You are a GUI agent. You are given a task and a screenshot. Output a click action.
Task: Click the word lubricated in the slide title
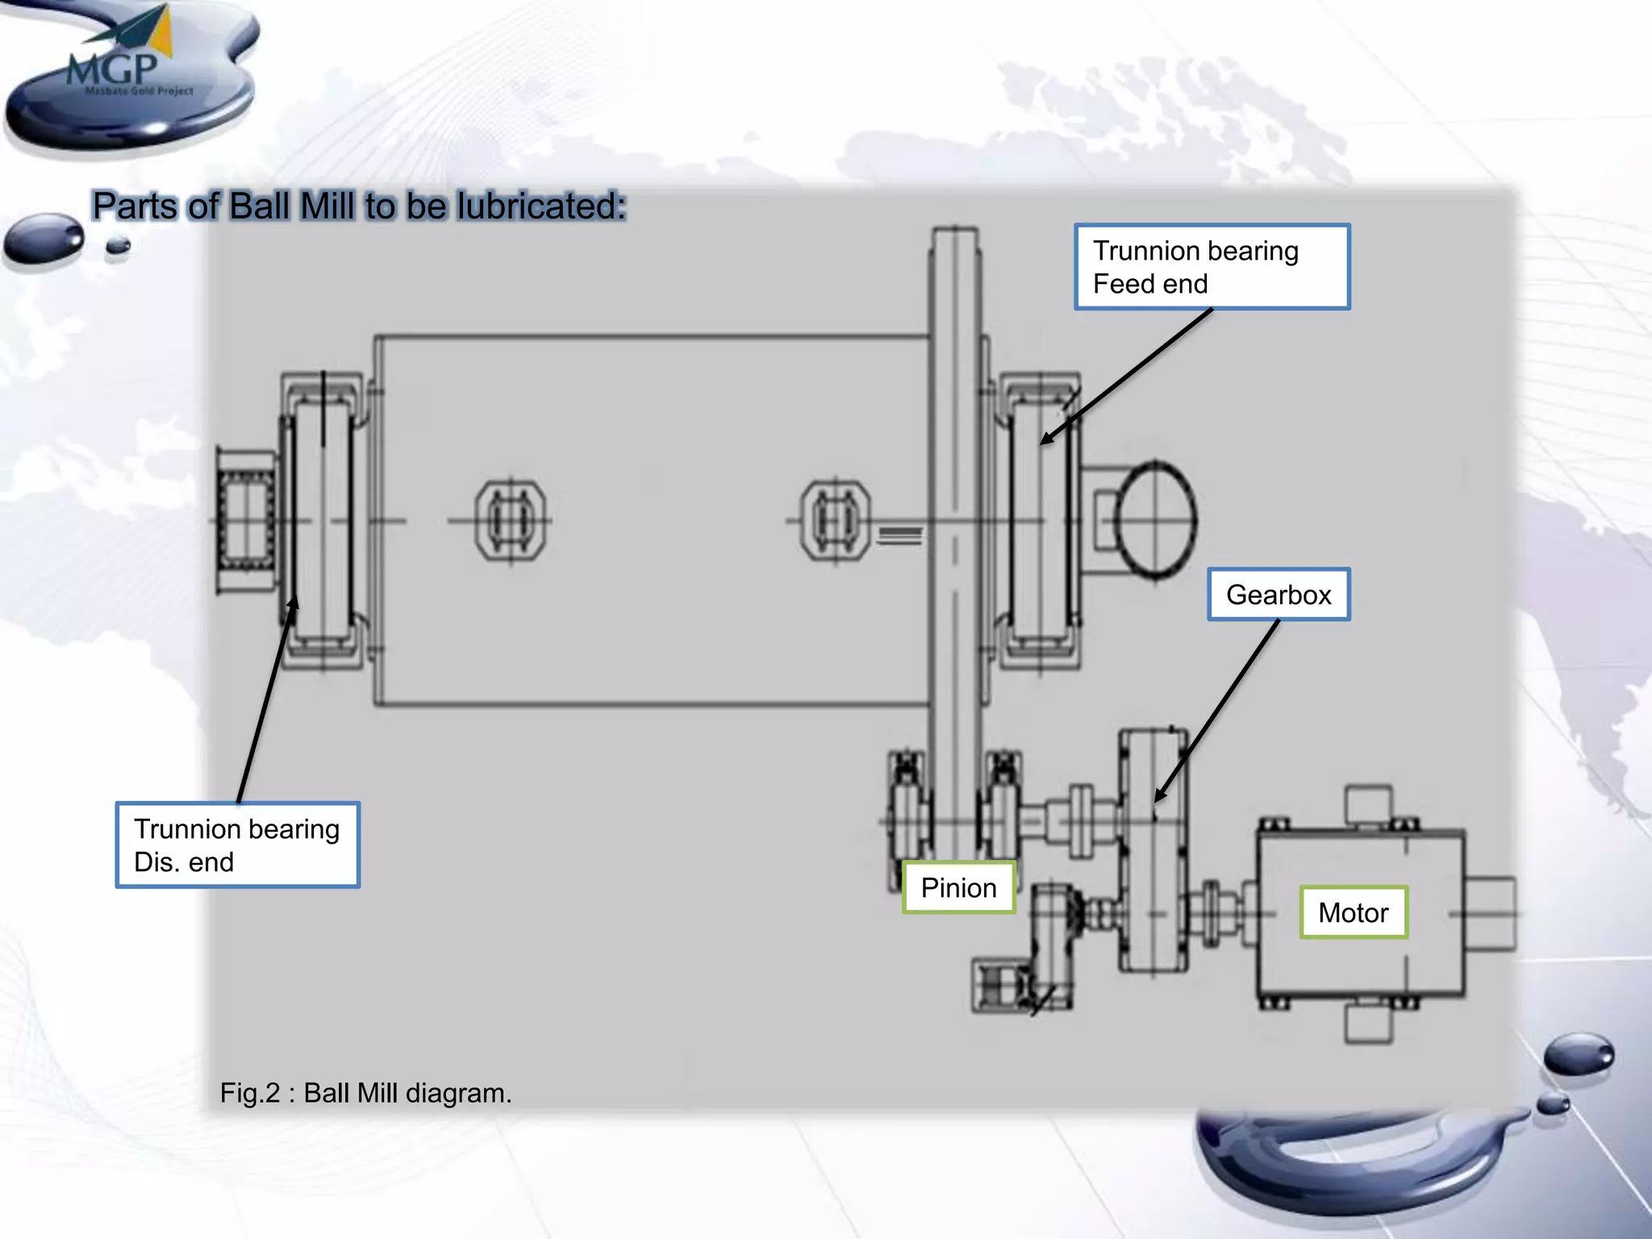tap(540, 206)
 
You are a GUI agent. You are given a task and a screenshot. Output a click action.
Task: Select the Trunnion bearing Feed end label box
tap(1212, 267)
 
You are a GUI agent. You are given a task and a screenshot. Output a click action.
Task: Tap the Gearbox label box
tap(1279, 594)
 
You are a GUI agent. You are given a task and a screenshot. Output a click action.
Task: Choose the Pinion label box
tap(958, 887)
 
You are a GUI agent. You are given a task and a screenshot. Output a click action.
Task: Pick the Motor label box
tap(1353, 912)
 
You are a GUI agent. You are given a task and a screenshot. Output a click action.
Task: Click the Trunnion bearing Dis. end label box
tap(237, 845)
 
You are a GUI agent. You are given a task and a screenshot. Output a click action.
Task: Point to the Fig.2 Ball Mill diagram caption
tap(365, 1093)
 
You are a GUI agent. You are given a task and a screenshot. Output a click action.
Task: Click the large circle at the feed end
tap(1155, 520)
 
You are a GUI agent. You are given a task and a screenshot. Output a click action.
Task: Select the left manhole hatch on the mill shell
tap(510, 520)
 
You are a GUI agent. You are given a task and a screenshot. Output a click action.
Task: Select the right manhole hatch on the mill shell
tap(835, 520)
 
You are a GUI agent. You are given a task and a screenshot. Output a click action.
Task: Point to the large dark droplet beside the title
tap(44, 238)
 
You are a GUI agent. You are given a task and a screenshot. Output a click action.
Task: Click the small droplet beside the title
tap(119, 246)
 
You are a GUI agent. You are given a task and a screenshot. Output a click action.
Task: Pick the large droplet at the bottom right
tap(1579, 1053)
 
